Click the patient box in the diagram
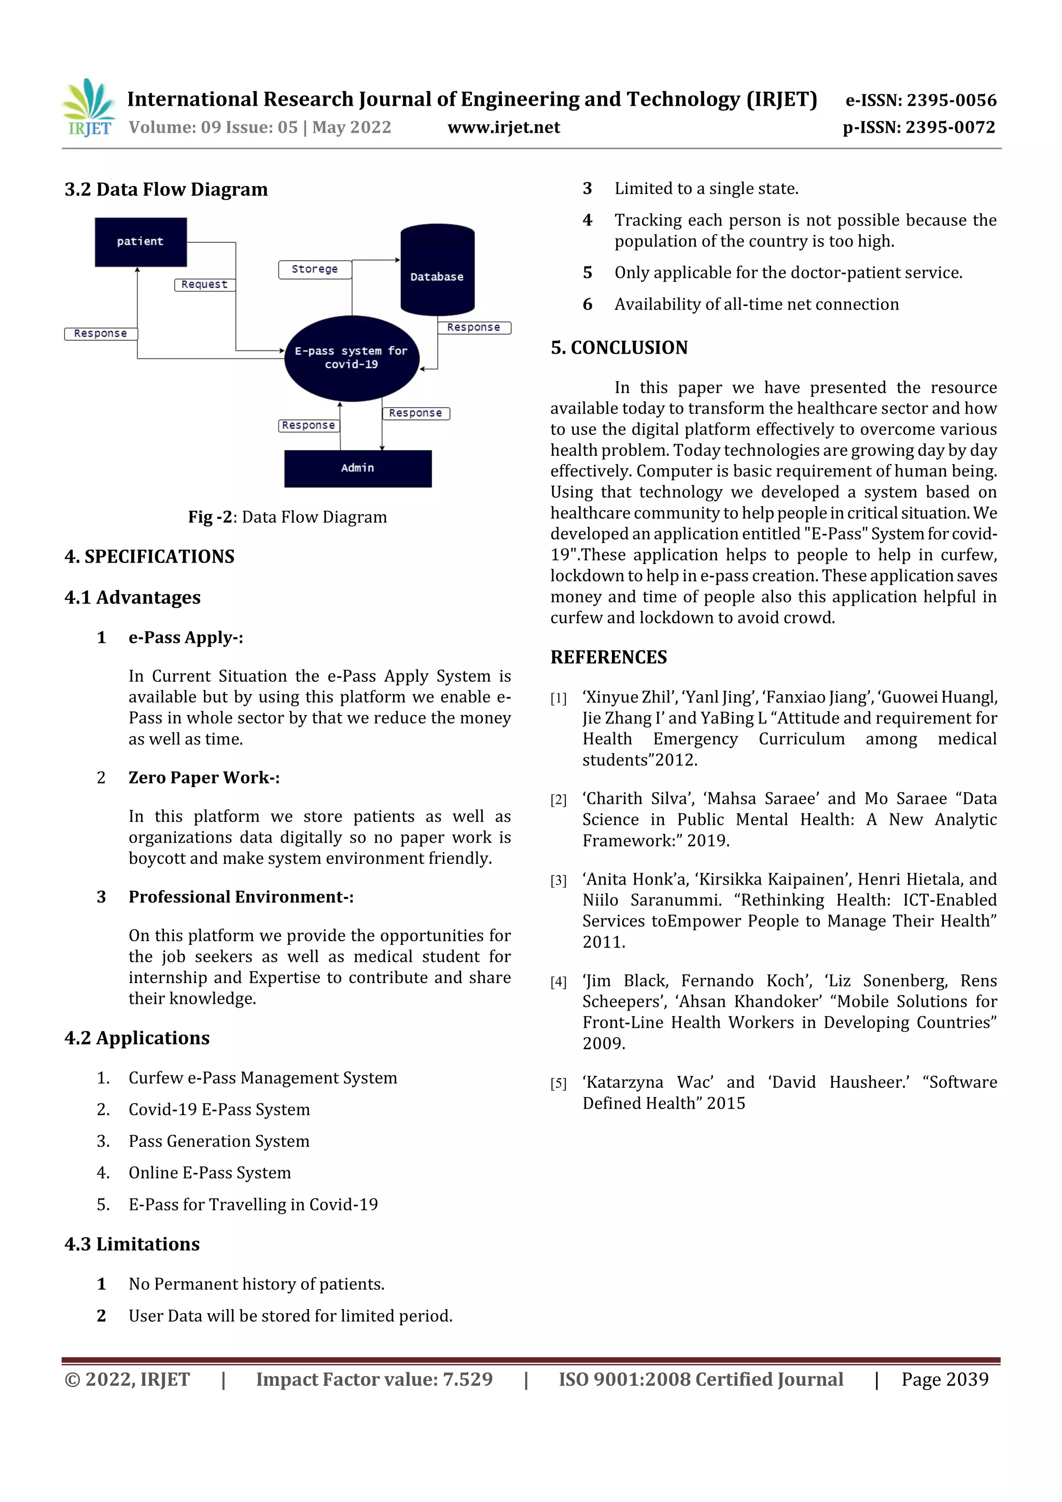coord(141,242)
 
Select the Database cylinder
coord(437,270)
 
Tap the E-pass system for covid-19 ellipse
coord(352,358)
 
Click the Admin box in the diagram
coord(358,468)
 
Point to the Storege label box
coord(315,270)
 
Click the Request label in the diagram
coord(205,285)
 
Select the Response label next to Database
coord(474,328)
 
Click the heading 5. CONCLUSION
coord(619,347)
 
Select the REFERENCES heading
coord(609,657)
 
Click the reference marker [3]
coord(558,880)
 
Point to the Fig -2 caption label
coord(211,517)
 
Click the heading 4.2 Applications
coord(137,1037)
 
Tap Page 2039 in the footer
coord(944,1379)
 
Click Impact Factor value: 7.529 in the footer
coord(374,1379)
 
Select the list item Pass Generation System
coord(218,1141)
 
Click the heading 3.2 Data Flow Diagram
coord(166,190)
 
